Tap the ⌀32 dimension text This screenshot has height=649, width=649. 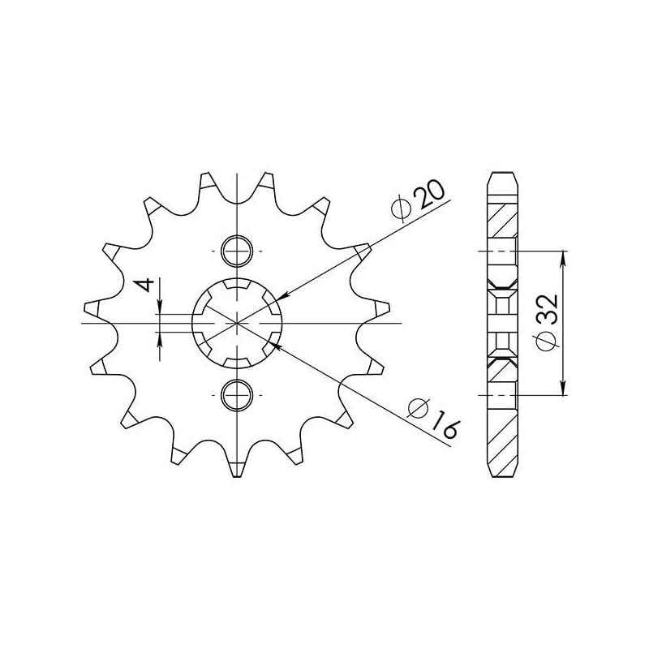[x=546, y=321]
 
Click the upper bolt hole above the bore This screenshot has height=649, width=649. [x=237, y=251]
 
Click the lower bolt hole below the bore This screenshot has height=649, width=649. [x=237, y=395]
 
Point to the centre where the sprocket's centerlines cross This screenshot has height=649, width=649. [x=237, y=323]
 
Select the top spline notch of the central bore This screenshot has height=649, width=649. [x=237, y=286]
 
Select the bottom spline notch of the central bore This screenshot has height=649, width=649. [x=237, y=360]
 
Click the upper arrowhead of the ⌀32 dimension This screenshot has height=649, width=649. [x=563, y=256]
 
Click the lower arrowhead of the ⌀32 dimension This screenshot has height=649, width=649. [x=563, y=389]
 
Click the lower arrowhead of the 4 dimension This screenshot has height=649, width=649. [x=161, y=337]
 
